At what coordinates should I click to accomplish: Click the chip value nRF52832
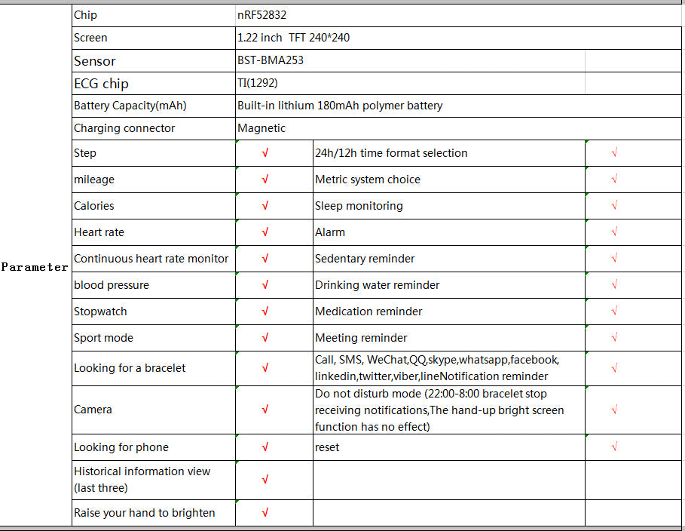pyautogui.click(x=261, y=15)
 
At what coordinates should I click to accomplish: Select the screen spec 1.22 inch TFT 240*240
pyautogui.click(x=293, y=38)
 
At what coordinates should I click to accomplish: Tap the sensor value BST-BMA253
pyautogui.click(x=271, y=60)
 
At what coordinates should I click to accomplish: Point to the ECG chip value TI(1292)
pyautogui.click(x=258, y=83)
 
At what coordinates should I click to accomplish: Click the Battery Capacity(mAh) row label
pyautogui.click(x=130, y=106)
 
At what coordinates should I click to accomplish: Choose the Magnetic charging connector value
pyautogui.click(x=261, y=128)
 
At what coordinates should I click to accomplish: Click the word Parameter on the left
pyautogui.click(x=35, y=267)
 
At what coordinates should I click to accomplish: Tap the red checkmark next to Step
pyautogui.click(x=265, y=153)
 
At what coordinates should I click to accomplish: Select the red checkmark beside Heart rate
pyautogui.click(x=265, y=232)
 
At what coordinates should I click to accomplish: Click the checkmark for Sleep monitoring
pyautogui.click(x=615, y=206)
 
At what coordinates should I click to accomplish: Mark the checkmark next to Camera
pyautogui.click(x=265, y=410)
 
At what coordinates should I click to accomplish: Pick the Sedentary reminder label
pyautogui.click(x=365, y=259)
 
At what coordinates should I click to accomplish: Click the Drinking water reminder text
pyautogui.click(x=377, y=285)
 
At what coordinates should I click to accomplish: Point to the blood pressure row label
pyautogui.click(x=112, y=285)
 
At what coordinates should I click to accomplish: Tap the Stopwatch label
pyautogui.click(x=100, y=312)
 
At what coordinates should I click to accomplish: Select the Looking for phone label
pyautogui.click(x=121, y=447)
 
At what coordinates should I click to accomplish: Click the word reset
pyautogui.click(x=327, y=447)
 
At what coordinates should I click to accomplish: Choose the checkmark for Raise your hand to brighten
pyautogui.click(x=265, y=513)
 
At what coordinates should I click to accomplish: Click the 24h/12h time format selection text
pyautogui.click(x=391, y=153)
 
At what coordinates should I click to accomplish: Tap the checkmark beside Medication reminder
pyautogui.click(x=615, y=312)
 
